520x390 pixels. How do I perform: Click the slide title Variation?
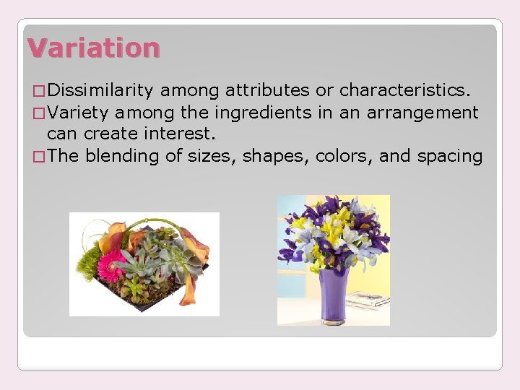click(93, 48)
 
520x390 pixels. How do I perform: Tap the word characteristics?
click(404, 90)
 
